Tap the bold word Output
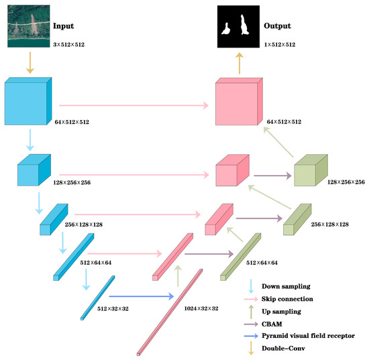click(278, 27)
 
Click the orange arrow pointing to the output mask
click(240, 63)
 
